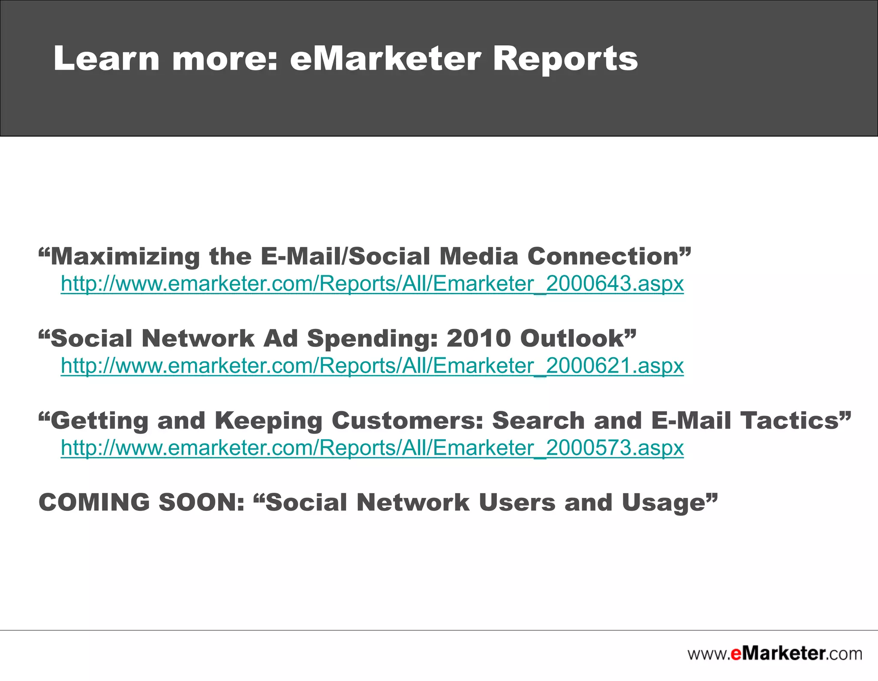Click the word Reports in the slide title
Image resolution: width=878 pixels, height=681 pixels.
click(x=565, y=59)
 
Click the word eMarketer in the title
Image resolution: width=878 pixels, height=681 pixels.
click(x=385, y=59)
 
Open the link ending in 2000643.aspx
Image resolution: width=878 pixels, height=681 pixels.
click(x=372, y=283)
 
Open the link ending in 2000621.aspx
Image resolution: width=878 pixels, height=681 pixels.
click(x=372, y=366)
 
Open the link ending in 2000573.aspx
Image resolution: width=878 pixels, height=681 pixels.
click(x=372, y=448)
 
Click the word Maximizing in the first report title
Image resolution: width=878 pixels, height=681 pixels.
click(x=125, y=256)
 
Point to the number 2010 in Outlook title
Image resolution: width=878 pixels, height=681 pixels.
click(x=478, y=338)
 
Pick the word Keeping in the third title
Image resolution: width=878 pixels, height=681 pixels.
click(x=268, y=421)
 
